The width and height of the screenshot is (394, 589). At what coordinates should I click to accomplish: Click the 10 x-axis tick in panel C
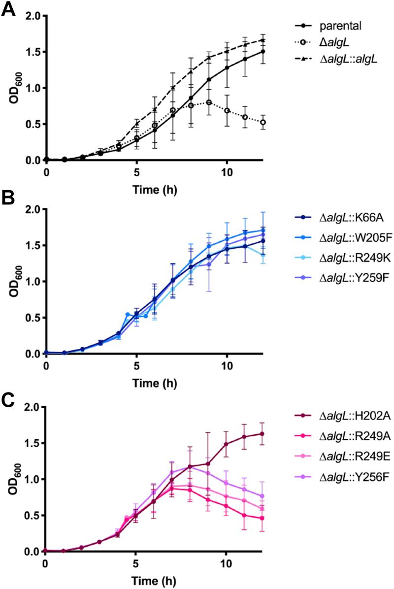pos(226,562)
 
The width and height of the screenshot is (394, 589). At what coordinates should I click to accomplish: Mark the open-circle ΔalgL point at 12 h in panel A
pos(263,122)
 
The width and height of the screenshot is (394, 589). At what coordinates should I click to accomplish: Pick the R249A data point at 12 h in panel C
pos(263,519)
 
